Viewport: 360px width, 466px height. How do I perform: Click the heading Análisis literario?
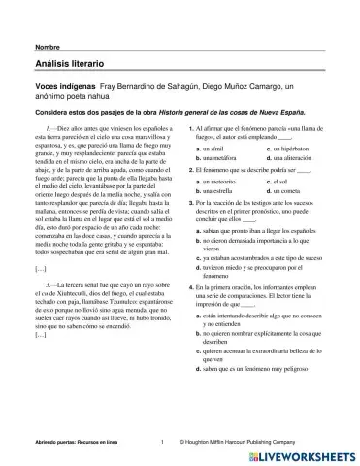click(70, 64)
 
